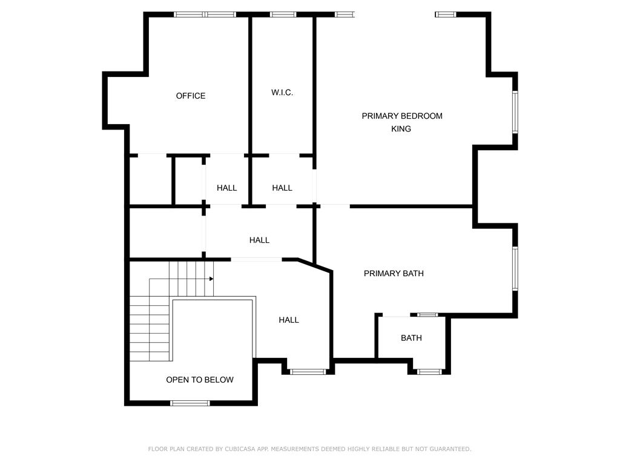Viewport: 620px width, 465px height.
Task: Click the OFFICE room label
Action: pos(191,96)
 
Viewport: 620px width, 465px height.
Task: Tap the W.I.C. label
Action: pos(282,93)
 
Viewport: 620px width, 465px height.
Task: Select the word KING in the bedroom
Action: pos(401,129)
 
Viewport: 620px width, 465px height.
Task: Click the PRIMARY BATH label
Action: pos(394,273)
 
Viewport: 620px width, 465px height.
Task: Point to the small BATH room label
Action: pos(411,338)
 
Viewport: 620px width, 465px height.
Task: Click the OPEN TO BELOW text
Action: pos(200,380)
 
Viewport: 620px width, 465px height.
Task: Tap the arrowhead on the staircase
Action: pos(211,279)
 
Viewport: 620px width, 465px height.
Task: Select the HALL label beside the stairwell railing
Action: pos(289,320)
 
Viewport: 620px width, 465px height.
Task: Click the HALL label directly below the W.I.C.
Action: pos(282,188)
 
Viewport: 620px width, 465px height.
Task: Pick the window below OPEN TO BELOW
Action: pos(190,403)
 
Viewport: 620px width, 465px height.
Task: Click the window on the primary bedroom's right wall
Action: pos(515,112)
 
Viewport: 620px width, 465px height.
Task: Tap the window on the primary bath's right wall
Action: pos(515,268)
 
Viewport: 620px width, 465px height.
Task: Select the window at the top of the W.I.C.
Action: pos(283,15)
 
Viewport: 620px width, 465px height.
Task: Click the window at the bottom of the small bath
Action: pos(429,372)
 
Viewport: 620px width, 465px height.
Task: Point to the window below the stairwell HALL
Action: pos(308,372)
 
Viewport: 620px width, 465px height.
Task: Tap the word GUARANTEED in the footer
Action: pos(450,449)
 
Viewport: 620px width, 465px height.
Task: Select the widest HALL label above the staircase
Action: pos(259,240)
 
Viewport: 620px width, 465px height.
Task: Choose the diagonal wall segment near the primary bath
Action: pos(315,265)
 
